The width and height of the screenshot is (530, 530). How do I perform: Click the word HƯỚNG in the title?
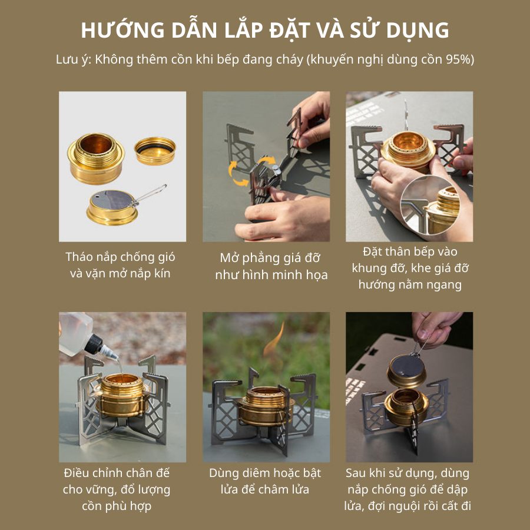[x=122, y=30]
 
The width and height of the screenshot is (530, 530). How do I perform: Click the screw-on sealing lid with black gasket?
[x=155, y=150]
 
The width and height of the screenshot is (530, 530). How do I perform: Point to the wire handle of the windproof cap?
[x=150, y=195]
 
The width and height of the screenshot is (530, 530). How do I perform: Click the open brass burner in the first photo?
[x=96, y=158]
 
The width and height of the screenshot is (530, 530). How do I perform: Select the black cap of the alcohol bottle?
[x=93, y=344]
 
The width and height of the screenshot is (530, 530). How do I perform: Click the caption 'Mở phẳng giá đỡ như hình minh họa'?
[x=271, y=266]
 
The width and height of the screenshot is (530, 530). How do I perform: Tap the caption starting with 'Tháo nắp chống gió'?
[x=120, y=265]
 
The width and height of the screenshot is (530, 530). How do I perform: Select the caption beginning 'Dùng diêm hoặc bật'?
[x=265, y=481]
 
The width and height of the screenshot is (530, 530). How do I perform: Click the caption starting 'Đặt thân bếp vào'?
[x=410, y=268]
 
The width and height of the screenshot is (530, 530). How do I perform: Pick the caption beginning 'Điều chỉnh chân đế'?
[x=117, y=489]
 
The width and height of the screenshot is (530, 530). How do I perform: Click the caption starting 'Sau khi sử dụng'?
[x=408, y=489]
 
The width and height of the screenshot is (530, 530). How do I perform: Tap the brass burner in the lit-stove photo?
[x=266, y=406]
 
